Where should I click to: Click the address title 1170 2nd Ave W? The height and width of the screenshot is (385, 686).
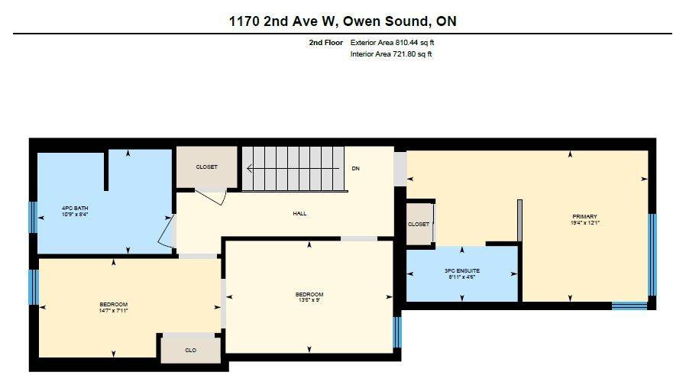(x=343, y=21)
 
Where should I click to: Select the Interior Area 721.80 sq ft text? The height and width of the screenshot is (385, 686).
(x=391, y=54)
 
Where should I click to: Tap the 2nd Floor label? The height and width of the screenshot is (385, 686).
(x=325, y=43)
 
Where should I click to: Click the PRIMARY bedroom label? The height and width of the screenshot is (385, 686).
(x=584, y=216)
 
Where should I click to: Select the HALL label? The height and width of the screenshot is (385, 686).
(x=299, y=213)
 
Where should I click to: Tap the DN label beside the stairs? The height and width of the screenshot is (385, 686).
(x=355, y=168)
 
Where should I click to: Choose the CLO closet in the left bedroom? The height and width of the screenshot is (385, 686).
(x=190, y=350)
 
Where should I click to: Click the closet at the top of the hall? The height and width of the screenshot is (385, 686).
(x=206, y=167)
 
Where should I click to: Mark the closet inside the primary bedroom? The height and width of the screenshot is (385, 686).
(x=419, y=224)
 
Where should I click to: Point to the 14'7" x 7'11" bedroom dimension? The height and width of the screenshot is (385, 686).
(x=113, y=311)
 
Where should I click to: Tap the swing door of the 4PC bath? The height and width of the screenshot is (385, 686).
(x=167, y=231)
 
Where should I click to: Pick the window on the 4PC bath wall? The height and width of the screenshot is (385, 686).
(x=32, y=216)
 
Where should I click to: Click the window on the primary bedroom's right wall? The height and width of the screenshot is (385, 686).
(x=652, y=254)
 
